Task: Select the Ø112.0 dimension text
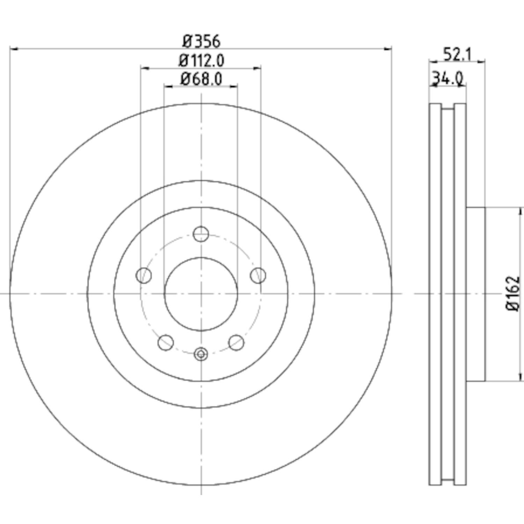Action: tap(202, 61)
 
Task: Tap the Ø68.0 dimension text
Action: tap(202, 79)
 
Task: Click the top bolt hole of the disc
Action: tap(201, 234)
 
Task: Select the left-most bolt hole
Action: tap(144, 275)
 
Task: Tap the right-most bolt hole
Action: tap(258, 275)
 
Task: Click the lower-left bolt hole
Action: tap(166, 342)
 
